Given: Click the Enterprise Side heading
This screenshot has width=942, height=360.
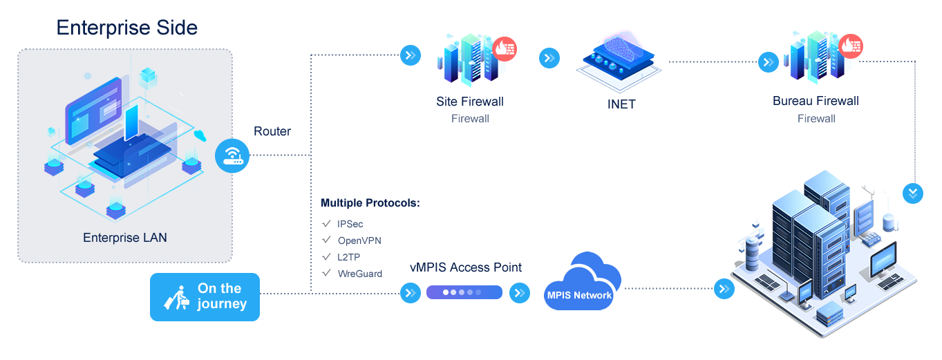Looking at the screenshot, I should [126, 28].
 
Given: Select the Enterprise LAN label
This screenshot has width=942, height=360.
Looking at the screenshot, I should [125, 238].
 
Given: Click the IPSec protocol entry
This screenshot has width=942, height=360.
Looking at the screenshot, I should [350, 224].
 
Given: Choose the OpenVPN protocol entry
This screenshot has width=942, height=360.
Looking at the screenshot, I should [359, 240].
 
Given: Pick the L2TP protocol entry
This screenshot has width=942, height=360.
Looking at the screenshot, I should [349, 257].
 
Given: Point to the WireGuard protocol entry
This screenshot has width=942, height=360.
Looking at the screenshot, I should [360, 274].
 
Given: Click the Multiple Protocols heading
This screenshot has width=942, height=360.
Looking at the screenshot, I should [370, 204].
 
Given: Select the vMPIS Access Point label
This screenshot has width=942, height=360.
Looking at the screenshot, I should [466, 267].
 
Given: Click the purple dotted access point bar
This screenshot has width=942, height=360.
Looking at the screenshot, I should [464, 292].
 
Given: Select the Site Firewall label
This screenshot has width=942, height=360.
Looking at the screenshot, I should [470, 102].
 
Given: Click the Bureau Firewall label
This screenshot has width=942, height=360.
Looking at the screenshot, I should [816, 102].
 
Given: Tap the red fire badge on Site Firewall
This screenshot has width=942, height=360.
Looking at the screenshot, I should [505, 49].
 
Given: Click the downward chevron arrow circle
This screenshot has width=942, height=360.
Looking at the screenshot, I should [913, 192].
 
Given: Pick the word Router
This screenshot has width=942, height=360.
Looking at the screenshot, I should [272, 131].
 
